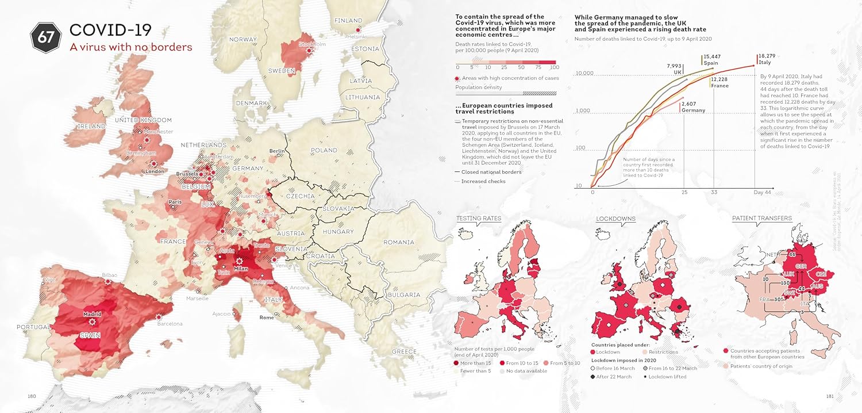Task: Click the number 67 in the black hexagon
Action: tap(46, 37)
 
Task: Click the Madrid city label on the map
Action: tap(92, 314)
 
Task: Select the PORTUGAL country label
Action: tap(34, 327)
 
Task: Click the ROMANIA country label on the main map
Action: tap(399, 243)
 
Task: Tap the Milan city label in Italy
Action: tap(240, 269)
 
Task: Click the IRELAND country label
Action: tap(91, 126)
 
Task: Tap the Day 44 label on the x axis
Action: tap(763, 192)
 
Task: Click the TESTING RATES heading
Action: tap(479, 219)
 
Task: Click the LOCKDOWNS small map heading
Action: tap(615, 219)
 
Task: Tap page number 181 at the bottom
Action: tap(829, 396)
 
